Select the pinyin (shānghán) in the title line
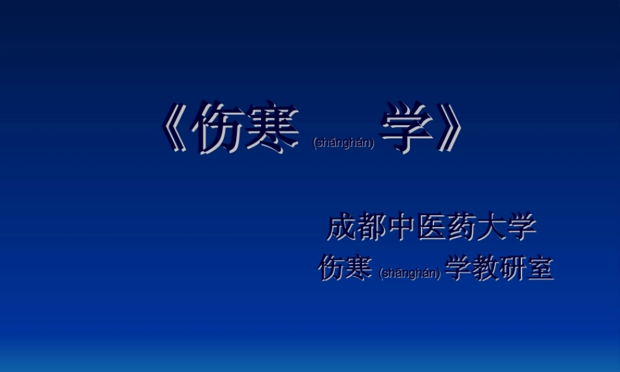tap(344, 143)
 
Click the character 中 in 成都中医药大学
tap(401, 228)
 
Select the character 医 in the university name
tap(432, 228)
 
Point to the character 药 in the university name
tap(461, 228)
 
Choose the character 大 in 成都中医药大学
tap(492, 228)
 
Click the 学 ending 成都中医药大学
tap(521, 228)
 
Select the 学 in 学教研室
tap(458, 268)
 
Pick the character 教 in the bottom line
tap(485, 268)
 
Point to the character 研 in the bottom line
tap(513, 268)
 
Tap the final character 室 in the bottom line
tap(540, 268)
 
